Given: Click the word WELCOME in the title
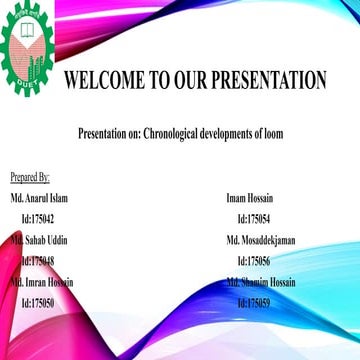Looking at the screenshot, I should click(105, 80).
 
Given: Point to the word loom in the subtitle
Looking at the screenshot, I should click(271, 133).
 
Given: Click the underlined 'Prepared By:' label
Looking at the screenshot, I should click(30, 178).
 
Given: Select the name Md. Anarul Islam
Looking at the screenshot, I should click(39, 199).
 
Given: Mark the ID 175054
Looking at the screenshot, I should click(255, 219).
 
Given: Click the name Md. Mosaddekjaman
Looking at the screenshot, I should click(260, 241).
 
